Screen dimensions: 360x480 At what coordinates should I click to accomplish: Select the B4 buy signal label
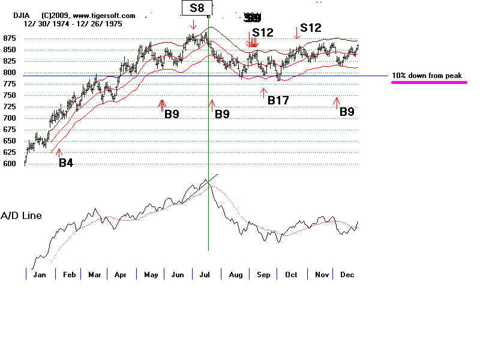[66, 163]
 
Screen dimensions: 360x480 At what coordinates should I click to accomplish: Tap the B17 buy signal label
[278, 100]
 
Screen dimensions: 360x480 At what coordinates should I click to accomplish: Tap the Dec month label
[347, 274]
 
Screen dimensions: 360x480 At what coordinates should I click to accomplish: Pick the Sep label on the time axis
[263, 274]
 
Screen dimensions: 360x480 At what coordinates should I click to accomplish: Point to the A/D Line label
[21, 215]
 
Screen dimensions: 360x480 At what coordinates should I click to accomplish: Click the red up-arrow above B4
[59, 152]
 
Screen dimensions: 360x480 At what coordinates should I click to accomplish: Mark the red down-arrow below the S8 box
[193, 25]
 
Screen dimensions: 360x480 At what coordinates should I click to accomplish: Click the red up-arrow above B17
[263, 92]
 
